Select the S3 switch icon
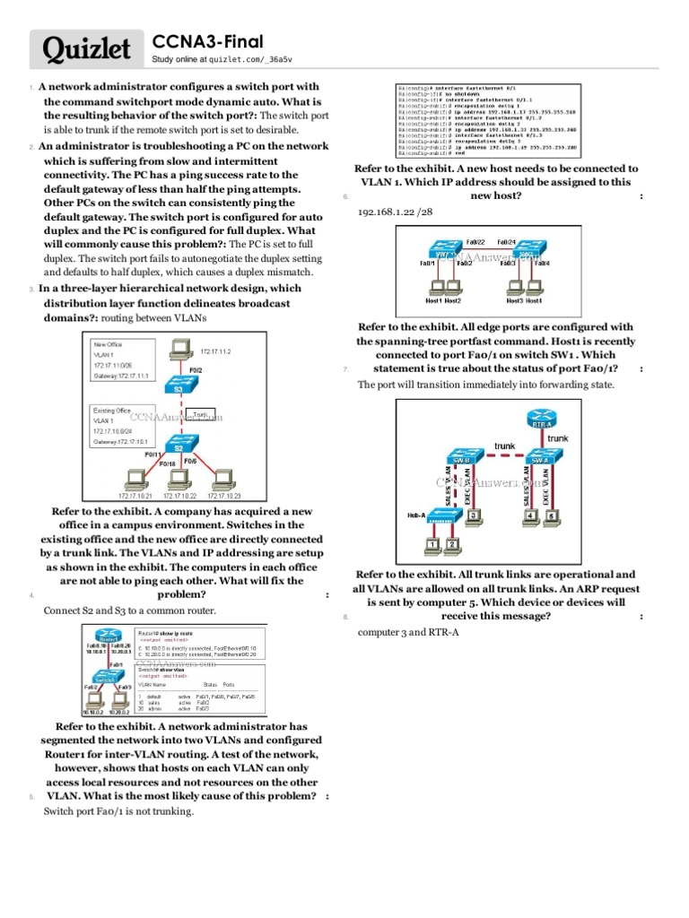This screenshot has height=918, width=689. pyautogui.click(x=179, y=384)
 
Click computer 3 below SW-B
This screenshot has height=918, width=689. pyautogui.click(x=473, y=515)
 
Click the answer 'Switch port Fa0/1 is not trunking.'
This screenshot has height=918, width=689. pyautogui.click(x=118, y=811)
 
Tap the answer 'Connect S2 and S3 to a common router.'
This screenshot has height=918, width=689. pyautogui.click(x=129, y=611)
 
